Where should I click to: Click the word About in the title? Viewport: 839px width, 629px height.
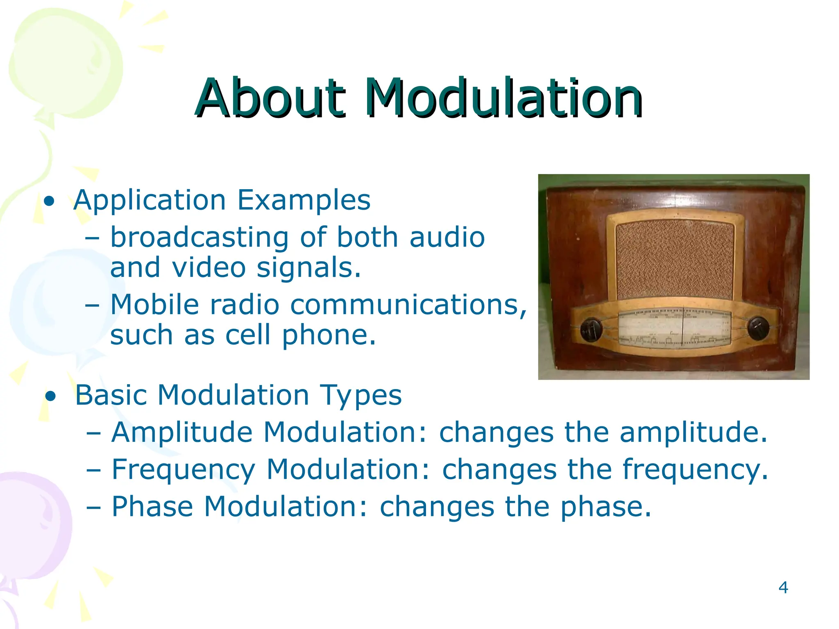[270, 98]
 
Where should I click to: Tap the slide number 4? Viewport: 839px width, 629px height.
[783, 588]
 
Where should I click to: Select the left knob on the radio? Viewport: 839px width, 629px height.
[591, 329]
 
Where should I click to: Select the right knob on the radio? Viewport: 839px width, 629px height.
[758, 328]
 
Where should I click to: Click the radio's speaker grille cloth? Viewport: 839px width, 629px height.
[674, 260]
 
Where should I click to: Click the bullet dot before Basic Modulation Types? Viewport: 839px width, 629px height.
[51, 396]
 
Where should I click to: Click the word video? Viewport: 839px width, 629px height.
[209, 267]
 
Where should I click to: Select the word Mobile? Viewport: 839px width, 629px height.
[155, 305]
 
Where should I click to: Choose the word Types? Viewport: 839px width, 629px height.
[361, 396]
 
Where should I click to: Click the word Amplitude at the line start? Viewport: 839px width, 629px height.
[182, 433]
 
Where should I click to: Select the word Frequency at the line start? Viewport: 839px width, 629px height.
[184, 470]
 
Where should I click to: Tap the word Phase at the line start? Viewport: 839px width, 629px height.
[152, 507]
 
